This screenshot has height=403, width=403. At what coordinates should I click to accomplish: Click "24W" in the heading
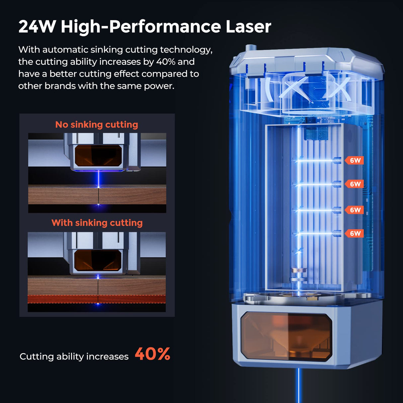37,27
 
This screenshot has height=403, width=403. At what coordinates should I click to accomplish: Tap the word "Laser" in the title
248,27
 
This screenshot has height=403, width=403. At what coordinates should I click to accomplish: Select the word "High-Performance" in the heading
141,27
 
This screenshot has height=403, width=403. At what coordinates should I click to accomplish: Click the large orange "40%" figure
152,354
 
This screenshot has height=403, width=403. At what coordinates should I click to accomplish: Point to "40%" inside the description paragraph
166,62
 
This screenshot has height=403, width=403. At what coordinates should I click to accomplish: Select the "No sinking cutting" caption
97,124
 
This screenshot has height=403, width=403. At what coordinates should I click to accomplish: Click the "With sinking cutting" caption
97,223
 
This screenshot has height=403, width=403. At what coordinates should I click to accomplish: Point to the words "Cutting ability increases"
74,357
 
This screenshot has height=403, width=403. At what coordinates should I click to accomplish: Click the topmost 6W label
355,161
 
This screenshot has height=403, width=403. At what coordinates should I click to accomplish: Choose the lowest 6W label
355,233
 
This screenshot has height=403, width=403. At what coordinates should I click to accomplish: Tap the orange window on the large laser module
286,336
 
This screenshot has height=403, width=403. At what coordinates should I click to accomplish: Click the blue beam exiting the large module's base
299,385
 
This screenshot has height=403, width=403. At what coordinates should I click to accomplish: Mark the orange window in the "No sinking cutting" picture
98,156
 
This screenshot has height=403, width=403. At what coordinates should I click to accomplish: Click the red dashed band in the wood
97,299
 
